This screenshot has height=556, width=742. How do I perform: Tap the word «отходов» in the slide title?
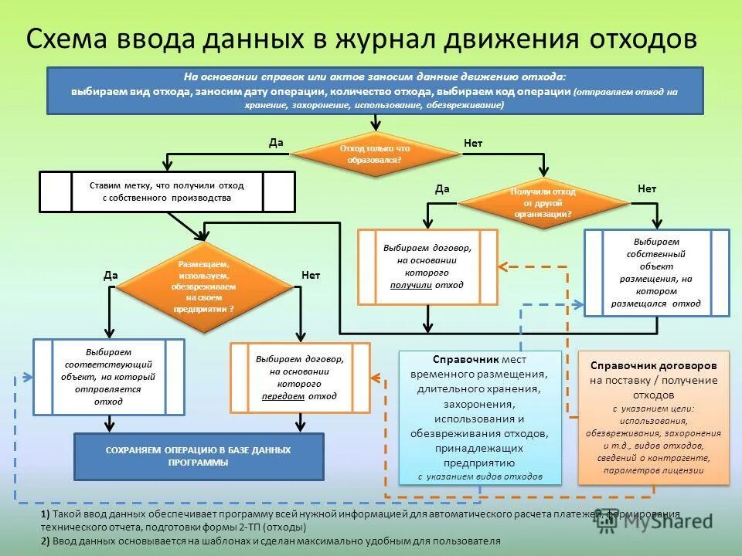[x=644, y=39]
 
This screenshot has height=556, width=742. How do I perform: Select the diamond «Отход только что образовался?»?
[x=375, y=154]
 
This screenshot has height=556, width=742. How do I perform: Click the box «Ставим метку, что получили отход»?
[x=167, y=192]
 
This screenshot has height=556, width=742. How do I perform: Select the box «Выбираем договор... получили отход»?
[x=427, y=266]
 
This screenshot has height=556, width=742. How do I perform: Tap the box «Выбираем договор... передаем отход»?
[x=299, y=378]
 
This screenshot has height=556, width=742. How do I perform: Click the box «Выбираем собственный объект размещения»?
[x=656, y=273]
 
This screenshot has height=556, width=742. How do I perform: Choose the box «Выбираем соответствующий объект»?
[x=108, y=377]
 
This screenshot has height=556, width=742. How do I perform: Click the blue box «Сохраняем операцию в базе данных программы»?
[x=199, y=456]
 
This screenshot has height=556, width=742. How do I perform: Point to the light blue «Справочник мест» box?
[x=480, y=418]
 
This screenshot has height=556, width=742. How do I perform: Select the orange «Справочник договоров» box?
[x=654, y=417]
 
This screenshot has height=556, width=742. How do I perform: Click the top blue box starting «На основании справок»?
[x=376, y=91]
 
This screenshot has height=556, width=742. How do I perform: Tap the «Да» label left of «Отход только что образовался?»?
[x=276, y=142]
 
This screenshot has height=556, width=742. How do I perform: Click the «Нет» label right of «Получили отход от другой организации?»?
[x=647, y=189]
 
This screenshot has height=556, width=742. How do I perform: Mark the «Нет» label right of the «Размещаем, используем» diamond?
[x=311, y=275]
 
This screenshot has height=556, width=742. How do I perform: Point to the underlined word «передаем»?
[x=277, y=396]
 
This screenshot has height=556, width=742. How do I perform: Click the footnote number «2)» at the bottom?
[x=46, y=541]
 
